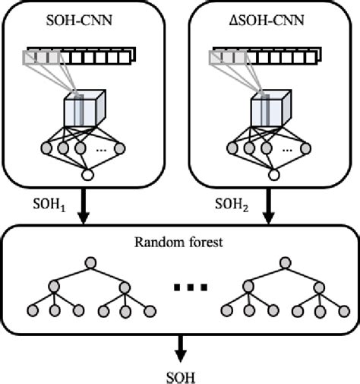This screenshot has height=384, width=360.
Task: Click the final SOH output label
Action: (x=179, y=374)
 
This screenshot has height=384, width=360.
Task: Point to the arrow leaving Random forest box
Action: (x=179, y=349)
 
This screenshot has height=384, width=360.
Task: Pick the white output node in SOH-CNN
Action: (x=85, y=176)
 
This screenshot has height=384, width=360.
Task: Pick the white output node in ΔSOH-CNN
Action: (x=271, y=176)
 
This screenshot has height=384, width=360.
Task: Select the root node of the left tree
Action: (x=92, y=264)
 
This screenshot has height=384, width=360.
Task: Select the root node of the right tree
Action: (x=283, y=264)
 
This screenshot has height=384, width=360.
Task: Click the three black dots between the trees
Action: (x=187, y=287)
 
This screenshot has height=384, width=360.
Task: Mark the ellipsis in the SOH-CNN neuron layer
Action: (x=100, y=149)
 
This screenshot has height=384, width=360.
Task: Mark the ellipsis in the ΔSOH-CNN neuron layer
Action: (x=286, y=149)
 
